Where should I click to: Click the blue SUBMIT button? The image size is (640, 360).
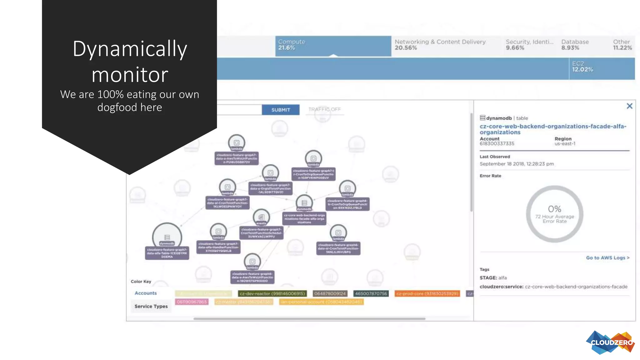[280, 110]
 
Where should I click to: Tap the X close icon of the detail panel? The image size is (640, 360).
[629, 106]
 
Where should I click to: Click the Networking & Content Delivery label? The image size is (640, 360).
[440, 42]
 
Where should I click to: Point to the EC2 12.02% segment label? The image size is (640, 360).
[582, 67]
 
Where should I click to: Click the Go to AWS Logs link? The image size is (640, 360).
[607, 258]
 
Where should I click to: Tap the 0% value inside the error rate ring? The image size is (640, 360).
[554, 209]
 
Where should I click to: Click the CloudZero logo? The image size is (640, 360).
[610, 342]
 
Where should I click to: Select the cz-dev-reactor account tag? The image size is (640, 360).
[272, 294]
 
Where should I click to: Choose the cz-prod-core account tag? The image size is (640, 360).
[427, 294]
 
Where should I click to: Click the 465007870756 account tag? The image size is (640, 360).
[371, 294]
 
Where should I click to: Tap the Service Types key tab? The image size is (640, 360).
[151, 306]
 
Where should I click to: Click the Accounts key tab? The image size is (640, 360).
[146, 293]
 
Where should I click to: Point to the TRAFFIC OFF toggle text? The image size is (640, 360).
[324, 109]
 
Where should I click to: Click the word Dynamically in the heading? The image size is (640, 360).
[130, 49]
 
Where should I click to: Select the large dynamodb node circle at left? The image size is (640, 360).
[167, 237]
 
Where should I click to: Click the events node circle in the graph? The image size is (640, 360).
[261, 217]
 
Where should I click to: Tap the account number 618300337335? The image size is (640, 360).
[497, 144]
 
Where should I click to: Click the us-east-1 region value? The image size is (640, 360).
[565, 144]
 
